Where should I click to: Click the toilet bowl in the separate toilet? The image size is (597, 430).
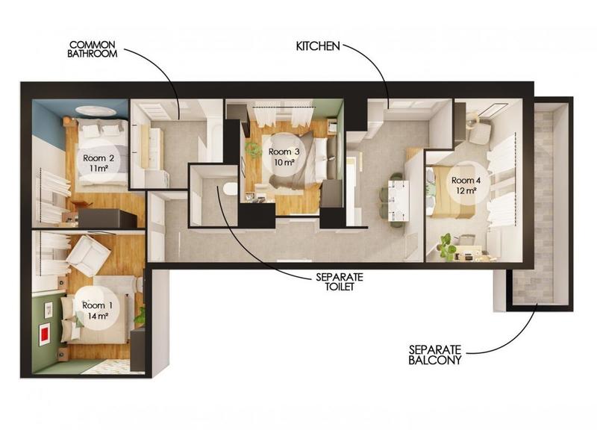[229, 187]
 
